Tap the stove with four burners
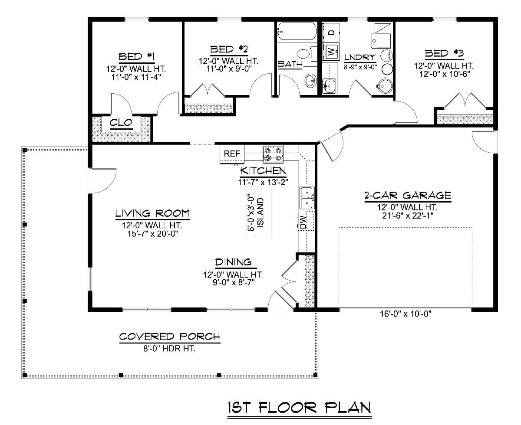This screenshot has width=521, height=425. pyautogui.click(x=273, y=154)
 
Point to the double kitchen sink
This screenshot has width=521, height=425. pyautogui.click(x=307, y=197)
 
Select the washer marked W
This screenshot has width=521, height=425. pyautogui.click(x=331, y=52)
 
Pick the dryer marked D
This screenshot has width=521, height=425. pyautogui.click(x=331, y=33)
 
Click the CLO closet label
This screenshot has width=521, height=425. pyautogui.click(x=121, y=123)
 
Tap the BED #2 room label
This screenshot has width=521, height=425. pyautogui.click(x=229, y=49)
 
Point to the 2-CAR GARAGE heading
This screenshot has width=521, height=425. pyautogui.click(x=407, y=195)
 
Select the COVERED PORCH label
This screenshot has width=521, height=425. pyautogui.click(x=170, y=337)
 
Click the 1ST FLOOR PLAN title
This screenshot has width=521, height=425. pyautogui.click(x=300, y=408)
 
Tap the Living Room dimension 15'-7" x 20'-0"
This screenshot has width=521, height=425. pyautogui.click(x=148, y=233)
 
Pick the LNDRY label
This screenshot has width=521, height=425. pyautogui.click(x=359, y=57)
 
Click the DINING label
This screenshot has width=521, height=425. pyautogui.click(x=233, y=262)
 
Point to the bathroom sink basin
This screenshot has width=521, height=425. pyautogui.click(x=311, y=81)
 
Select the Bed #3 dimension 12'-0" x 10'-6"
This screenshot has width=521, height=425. pyautogui.click(x=444, y=73)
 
